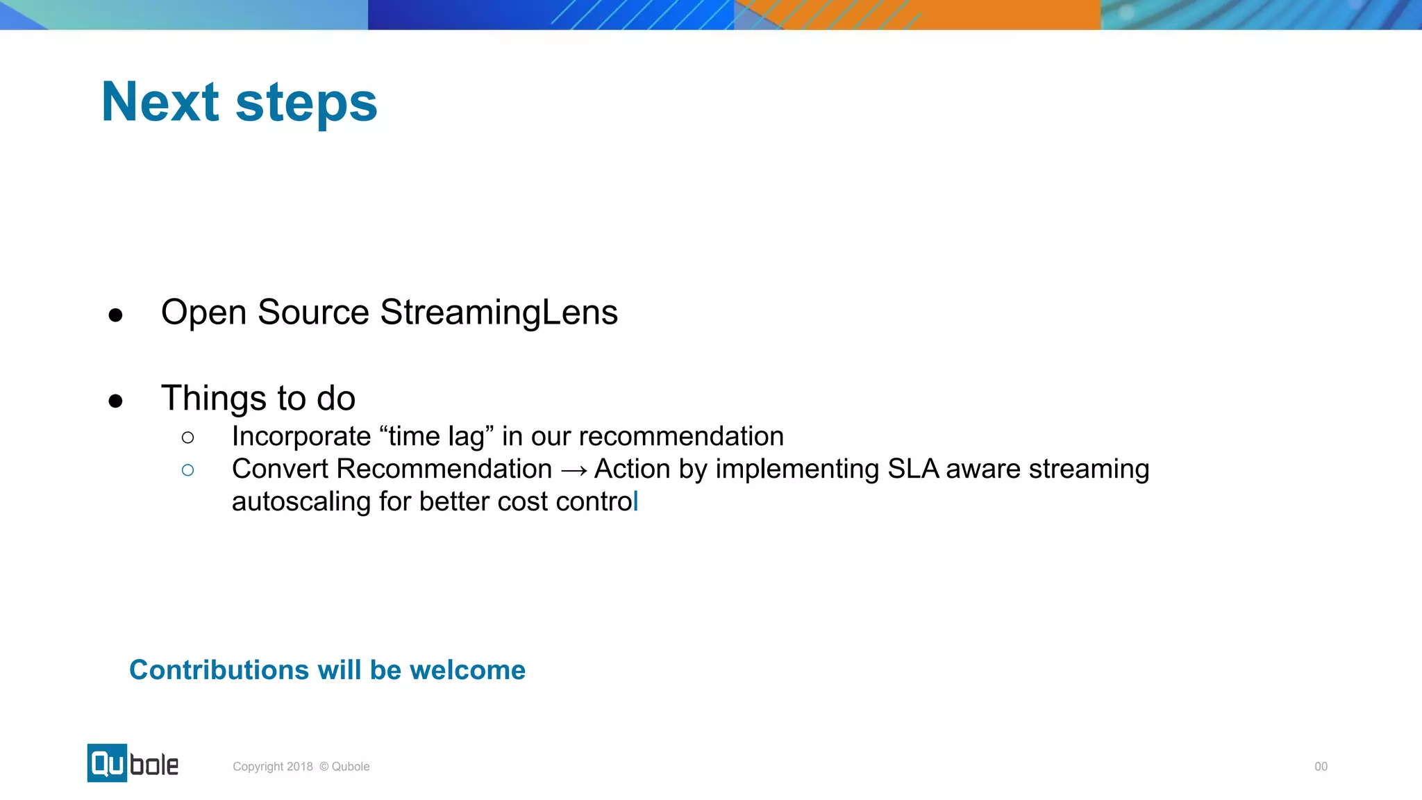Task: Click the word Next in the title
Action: click(x=160, y=103)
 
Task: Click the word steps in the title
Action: click(x=306, y=104)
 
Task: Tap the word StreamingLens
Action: click(x=499, y=312)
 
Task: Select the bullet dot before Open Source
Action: click(x=116, y=315)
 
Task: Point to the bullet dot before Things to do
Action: click(x=116, y=401)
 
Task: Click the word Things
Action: click(x=214, y=399)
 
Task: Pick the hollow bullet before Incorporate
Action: click(x=187, y=437)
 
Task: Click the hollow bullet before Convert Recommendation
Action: click(x=187, y=470)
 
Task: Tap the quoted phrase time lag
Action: click(x=436, y=437)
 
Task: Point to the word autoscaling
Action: click(x=301, y=501)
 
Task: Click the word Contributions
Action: click(x=219, y=670)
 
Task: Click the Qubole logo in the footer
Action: click(x=133, y=763)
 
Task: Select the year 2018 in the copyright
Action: click(x=300, y=767)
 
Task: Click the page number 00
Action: click(x=1321, y=767)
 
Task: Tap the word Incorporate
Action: click(x=301, y=437)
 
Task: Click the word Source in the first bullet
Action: click(x=313, y=312)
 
